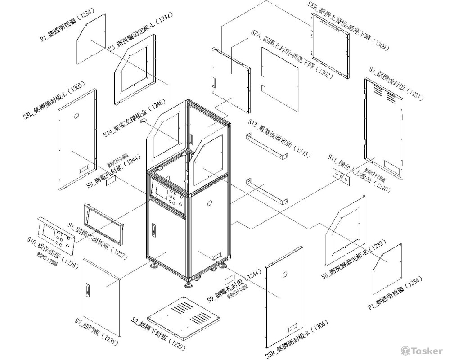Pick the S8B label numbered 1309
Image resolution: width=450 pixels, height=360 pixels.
349,25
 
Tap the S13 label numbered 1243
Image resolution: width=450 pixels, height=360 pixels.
279,139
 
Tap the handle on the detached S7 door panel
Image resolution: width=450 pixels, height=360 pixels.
88,290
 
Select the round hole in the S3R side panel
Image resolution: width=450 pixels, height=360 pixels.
284,275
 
